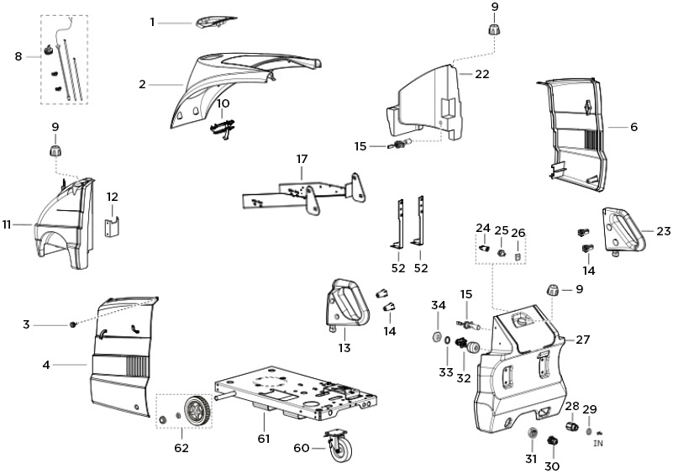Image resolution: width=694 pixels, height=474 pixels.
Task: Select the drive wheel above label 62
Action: (197, 411)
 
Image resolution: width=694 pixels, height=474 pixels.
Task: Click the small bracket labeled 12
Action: (113, 228)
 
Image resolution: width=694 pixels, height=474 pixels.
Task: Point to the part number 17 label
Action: (302, 159)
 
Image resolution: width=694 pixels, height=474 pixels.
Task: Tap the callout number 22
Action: (481, 74)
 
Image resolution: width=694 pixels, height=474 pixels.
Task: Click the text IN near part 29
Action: (599, 442)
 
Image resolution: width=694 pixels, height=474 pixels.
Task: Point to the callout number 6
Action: (633, 127)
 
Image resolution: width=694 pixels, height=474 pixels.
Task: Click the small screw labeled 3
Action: (73, 324)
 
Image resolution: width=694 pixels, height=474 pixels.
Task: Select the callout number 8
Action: (18, 56)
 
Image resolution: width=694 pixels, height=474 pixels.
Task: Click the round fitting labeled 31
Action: (531, 432)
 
